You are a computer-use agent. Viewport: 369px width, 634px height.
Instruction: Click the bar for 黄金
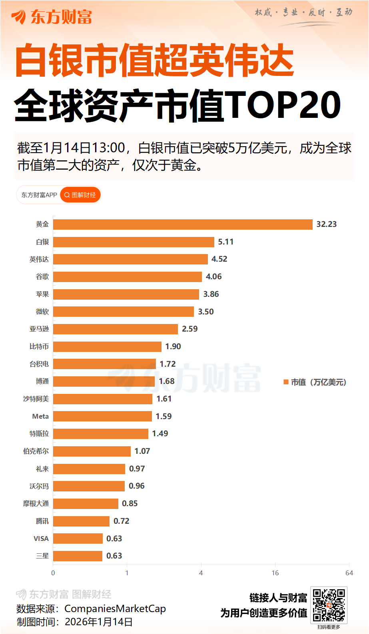183,225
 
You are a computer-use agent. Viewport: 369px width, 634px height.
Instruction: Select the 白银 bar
134,242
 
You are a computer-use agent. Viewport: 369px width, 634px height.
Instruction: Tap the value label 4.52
219,259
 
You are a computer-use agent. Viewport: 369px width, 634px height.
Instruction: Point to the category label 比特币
39,347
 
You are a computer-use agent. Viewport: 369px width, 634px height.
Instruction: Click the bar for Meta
102,416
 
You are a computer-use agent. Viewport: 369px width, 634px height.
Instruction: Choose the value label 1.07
142,451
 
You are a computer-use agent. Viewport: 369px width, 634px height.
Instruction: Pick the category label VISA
41,539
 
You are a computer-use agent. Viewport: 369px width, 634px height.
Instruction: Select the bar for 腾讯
81,521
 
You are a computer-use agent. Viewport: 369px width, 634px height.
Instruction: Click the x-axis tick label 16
275,573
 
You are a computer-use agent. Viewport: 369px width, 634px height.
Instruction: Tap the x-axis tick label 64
349,573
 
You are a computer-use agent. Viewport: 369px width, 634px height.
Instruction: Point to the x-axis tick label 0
53,573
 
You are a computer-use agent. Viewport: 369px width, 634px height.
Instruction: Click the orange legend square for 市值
286,382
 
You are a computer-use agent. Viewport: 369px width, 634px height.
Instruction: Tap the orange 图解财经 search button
80,195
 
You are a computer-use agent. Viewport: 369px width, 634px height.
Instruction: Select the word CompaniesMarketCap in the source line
115,609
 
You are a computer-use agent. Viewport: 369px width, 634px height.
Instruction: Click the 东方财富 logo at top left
52,17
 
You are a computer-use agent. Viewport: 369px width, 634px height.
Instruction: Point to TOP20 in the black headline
284,105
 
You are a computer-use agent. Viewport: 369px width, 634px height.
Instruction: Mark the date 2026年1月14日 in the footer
99,622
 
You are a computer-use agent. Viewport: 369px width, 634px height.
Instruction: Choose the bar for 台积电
104,364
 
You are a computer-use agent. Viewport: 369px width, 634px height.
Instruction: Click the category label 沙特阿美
36,399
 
